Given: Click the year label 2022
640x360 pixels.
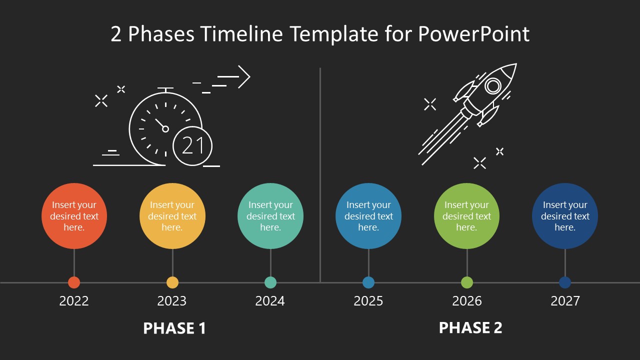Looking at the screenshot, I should click(x=74, y=301).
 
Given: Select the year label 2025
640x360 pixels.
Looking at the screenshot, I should click(x=368, y=301).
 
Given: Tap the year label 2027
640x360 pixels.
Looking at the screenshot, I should click(x=565, y=301).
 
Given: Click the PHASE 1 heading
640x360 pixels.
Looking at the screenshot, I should click(x=174, y=328).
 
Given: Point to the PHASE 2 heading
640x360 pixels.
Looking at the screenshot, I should click(x=470, y=328).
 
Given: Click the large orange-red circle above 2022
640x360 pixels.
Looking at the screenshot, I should click(x=74, y=216).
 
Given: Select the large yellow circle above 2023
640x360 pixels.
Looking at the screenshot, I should click(x=172, y=216).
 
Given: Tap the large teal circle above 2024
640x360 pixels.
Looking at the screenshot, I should click(x=270, y=216).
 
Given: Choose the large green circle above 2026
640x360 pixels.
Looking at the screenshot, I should click(x=467, y=216).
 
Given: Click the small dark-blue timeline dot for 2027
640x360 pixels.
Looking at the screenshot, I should click(x=565, y=282).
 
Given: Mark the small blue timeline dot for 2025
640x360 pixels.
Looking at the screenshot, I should click(x=368, y=282).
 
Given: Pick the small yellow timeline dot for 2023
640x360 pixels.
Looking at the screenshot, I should click(x=172, y=282).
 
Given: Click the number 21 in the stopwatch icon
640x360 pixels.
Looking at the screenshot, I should click(x=192, y=146).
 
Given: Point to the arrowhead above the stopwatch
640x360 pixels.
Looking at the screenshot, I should click(x=244, y=77).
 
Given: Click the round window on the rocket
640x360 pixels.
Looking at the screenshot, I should click(x=493, y=86).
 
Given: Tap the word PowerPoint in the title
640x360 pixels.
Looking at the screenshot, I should click(x=473, y=34).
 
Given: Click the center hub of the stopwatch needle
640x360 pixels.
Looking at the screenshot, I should click(x=165, y=129).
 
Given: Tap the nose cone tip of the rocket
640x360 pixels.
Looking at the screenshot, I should click(x=515, y=65).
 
